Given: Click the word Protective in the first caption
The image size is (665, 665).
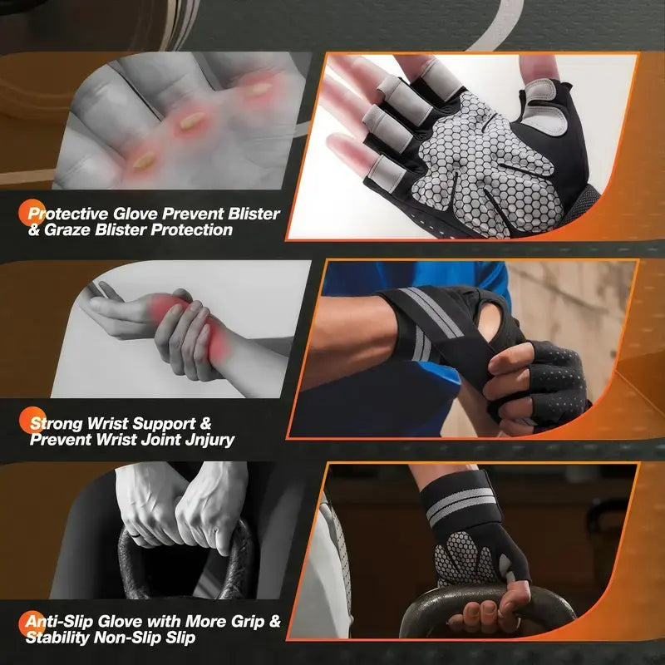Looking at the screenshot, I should (66, 214).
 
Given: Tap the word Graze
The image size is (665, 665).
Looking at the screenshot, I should (70, 230).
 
